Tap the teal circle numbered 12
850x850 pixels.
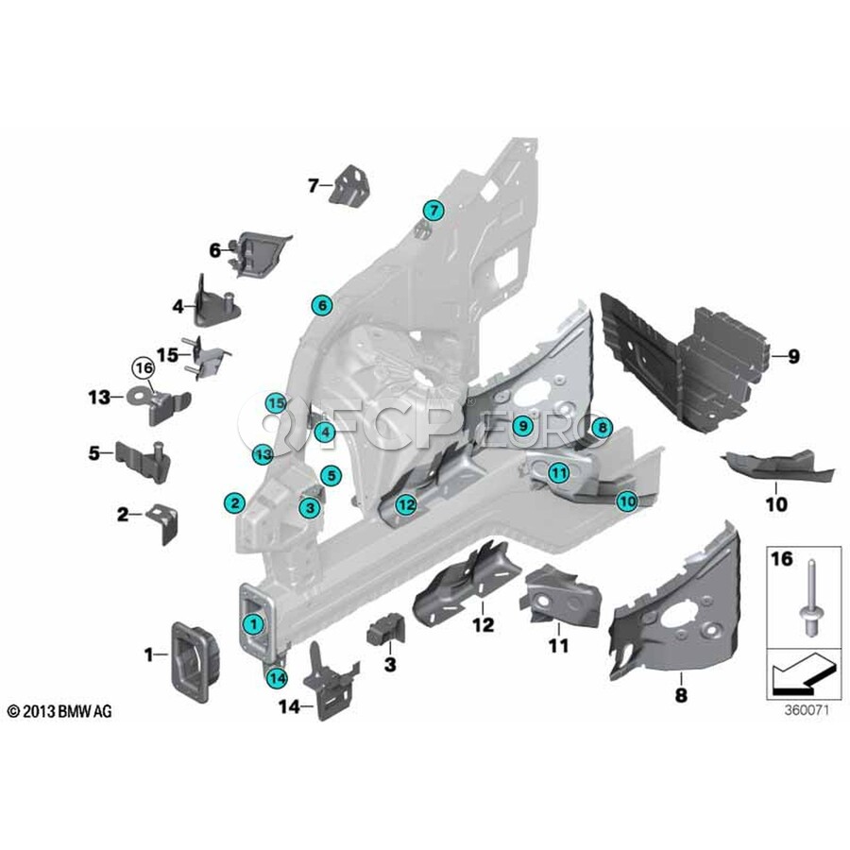tap(405, 504)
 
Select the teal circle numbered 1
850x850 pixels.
tap(252, 622)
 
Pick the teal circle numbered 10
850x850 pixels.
tap(626, 501)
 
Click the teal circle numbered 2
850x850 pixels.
tap(234, 501)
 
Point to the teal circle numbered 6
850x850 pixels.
tap(322, 305)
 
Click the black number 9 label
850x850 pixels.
tap(792, 356)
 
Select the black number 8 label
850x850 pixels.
tap(681, 696)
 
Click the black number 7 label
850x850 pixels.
tap(314, 185)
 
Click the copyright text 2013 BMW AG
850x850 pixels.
tap(59, 710)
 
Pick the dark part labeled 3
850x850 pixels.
tap(386, 626)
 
